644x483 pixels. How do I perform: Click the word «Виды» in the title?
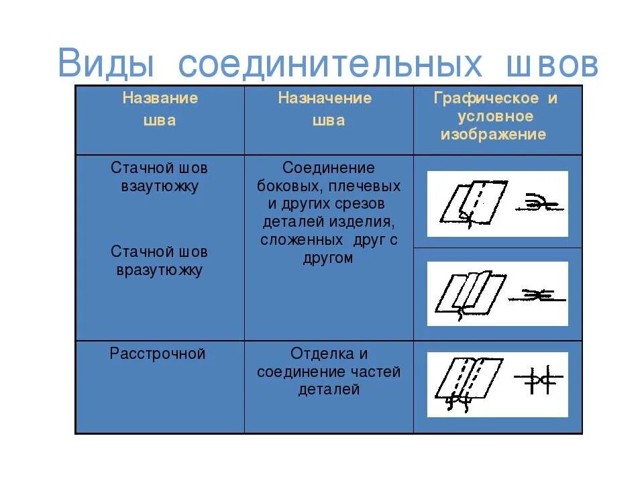click(107, 64)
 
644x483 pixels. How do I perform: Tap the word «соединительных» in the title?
click(330, 64)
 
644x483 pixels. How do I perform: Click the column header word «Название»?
click(160, 99)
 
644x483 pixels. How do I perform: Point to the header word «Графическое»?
click(487, 99)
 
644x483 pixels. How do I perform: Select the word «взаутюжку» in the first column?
click(160, 186)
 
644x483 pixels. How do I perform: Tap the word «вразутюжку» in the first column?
click(160, 270)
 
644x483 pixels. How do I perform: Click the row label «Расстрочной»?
click(158, 354)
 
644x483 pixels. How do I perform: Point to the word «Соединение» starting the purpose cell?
click(328, 168)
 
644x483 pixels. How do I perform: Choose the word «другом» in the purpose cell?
click(328, 258)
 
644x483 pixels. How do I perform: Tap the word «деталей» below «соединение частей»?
click(328, 390)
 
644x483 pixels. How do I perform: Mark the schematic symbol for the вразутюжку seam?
click(537, 294)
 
